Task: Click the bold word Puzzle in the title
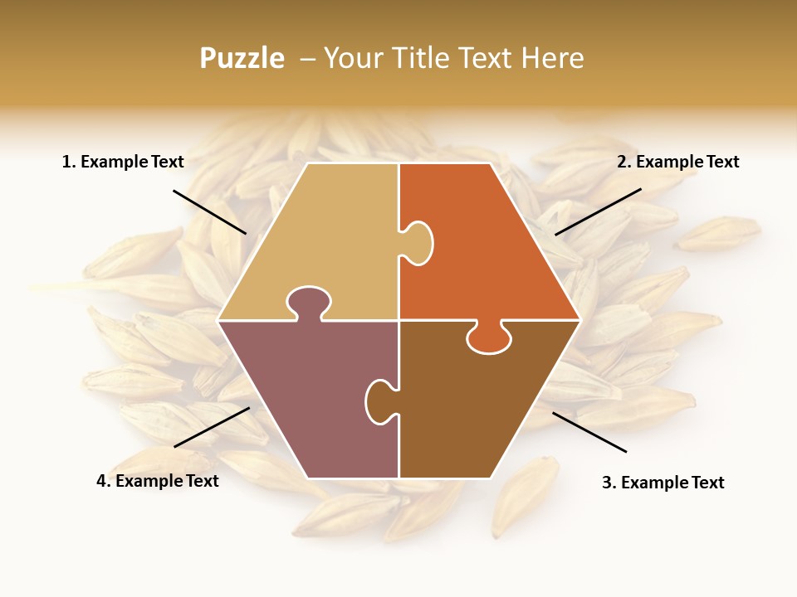click(242, 58)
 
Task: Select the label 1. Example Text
click(123, 162)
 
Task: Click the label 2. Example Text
click(677, 162)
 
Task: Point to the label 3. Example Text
click(663, 483)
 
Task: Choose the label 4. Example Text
click(158, 481)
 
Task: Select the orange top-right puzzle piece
click(490, 249)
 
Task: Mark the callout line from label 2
click(598, 211)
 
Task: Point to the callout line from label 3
click(589, 432)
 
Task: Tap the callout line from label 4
click(212, 427)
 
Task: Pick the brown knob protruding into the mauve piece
click(379, 400)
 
